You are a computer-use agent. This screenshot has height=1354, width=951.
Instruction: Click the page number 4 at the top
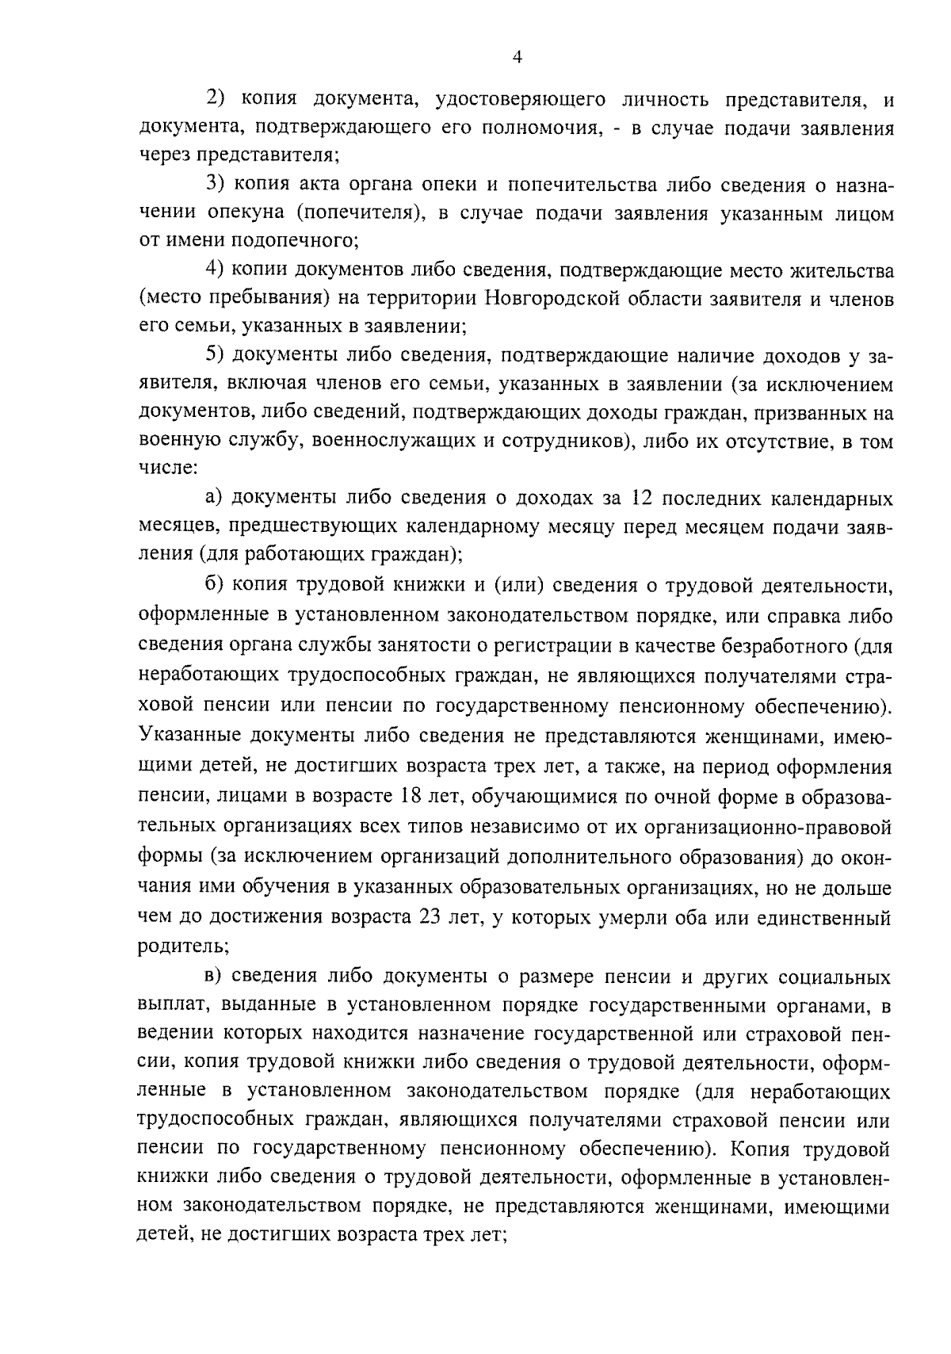click(x=518, y=56)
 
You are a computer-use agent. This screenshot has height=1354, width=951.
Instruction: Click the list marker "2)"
click(x=217, y=99)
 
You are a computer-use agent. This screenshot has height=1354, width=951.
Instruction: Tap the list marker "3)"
click(x=217, y=185)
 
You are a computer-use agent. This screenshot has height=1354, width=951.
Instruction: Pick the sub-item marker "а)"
click(x=216, y=499)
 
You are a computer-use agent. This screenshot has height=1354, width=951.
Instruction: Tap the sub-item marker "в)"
click(x=215, y=976)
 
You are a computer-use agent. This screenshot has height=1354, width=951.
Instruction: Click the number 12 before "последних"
click(x=640, y=499)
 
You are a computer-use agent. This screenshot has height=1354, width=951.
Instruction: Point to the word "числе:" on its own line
click(x=165, y=470)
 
